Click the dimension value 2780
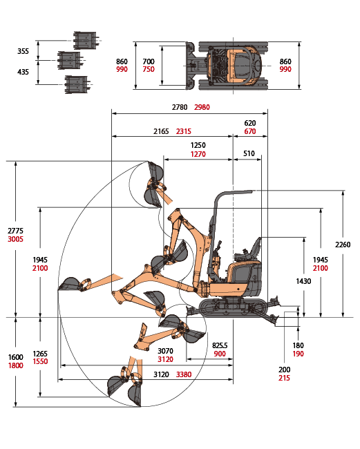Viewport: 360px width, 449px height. click(x=180, y=107)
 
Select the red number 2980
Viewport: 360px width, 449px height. click(x=202, y=107)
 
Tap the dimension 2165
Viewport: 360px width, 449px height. click(x=161, y=131)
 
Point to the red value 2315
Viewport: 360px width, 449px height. click(x=184, y=131)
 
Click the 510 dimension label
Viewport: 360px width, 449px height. click(x=249, y=153)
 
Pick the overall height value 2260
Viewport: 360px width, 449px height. click(x=343, y=245)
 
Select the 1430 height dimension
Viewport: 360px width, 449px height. click(x=303, y=281)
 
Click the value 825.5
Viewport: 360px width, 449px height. click(x=220, y=345)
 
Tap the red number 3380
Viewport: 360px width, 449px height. click(x=184, y=374)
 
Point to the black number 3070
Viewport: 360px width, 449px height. click(x=166, y=351)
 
